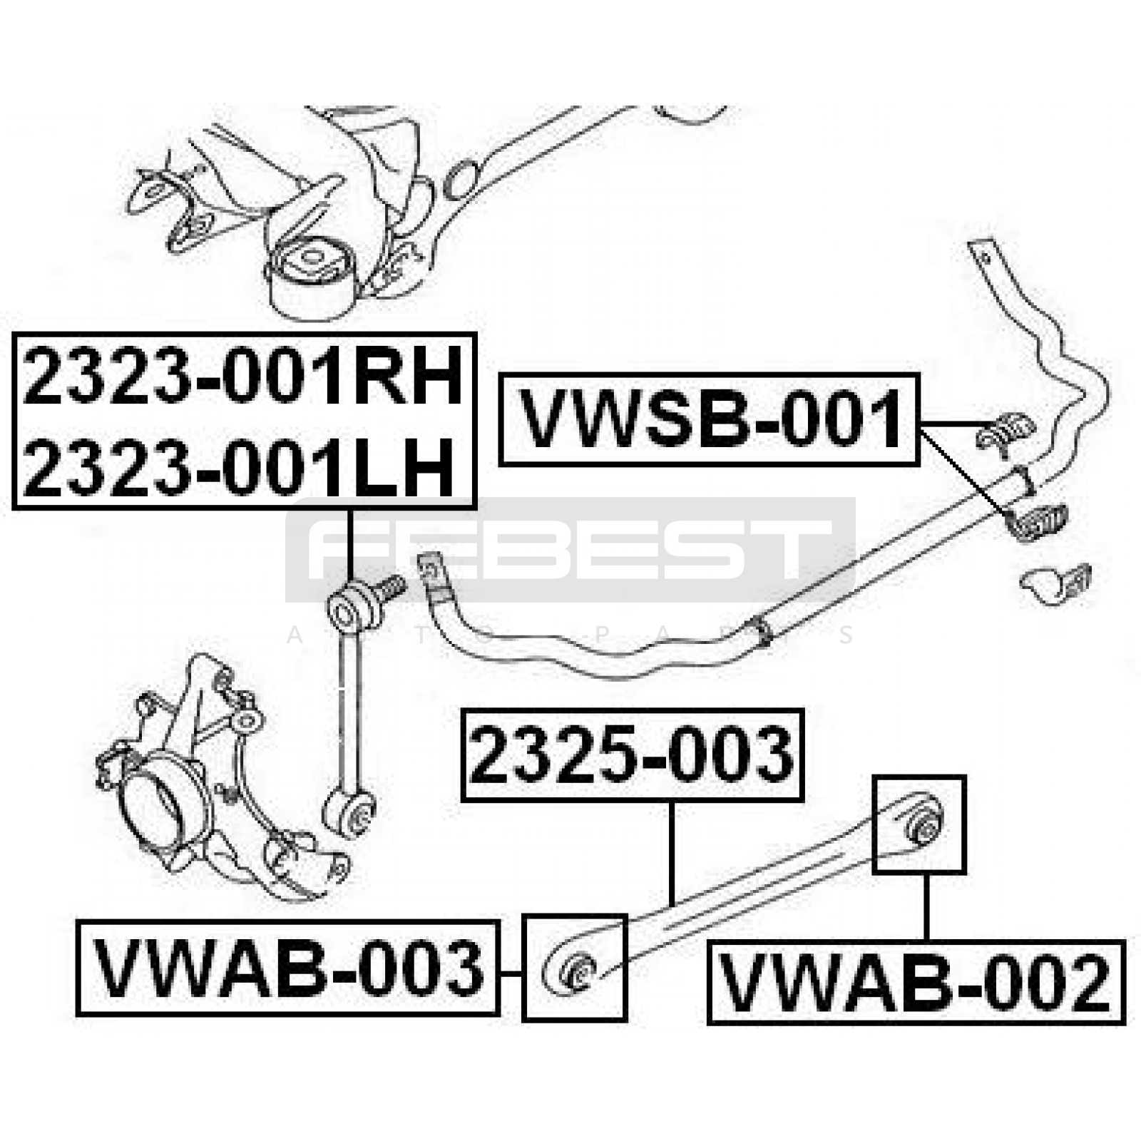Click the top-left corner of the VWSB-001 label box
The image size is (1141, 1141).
[500, 374]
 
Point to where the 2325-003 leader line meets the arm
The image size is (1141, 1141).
[672, 904]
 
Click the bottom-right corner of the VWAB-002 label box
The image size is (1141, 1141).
[1124, 1023]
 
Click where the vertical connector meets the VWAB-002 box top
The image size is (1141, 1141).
[926, 941]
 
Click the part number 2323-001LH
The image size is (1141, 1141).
[239, 468]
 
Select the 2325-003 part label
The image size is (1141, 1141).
[632, 754]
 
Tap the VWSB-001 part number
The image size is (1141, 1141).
[710, 419]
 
